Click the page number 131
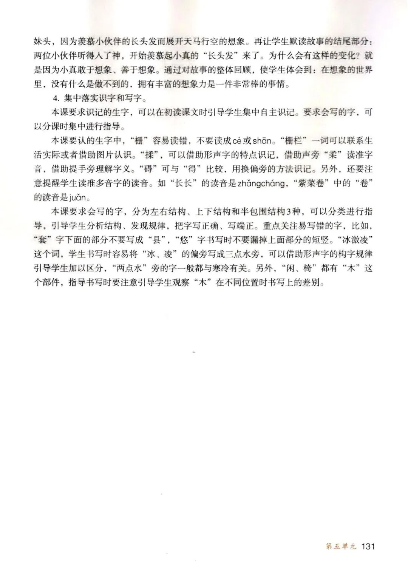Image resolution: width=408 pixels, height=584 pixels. pos(368,546)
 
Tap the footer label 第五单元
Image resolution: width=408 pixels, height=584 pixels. pos(341,546)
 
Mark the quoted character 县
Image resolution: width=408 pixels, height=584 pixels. pos(154,240)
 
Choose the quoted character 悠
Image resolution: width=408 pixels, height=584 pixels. pos(186,240)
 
